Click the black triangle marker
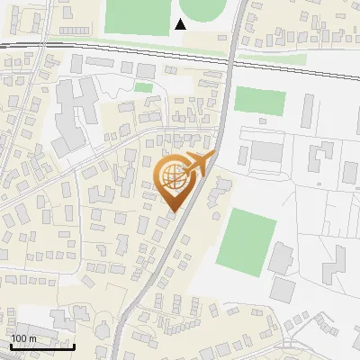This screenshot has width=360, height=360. tap(181, 23)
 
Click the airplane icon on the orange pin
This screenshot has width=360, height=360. tap(196, 164)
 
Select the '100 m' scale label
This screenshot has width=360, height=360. tap(23, 338)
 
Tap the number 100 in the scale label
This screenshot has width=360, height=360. tap(18, 338)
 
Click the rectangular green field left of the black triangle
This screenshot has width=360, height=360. tap(138, 15)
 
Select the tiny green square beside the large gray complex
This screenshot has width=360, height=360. tap(143, 87)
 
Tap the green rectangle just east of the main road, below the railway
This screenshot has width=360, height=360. tap(260, 101)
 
